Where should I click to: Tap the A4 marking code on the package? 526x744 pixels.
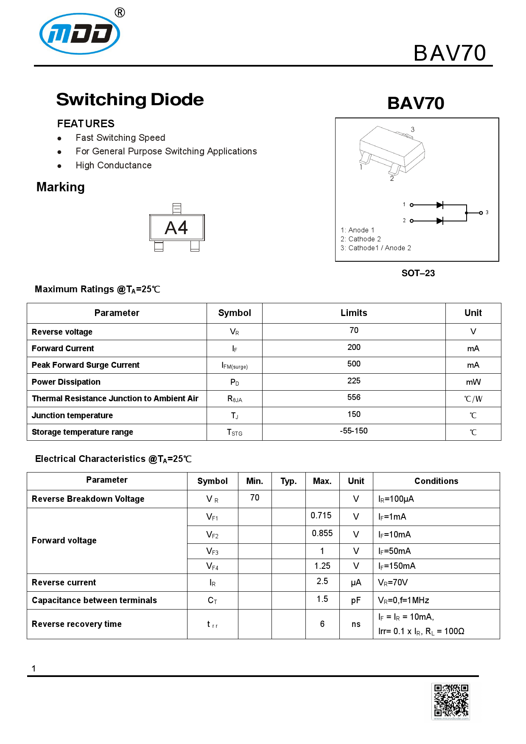pos(176,228)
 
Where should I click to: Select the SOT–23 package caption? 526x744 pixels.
pos(418,273)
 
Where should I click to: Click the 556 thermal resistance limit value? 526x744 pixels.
pos(354,397)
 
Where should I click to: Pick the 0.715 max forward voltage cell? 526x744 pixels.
pos(321,515)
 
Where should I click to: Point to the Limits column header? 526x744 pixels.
pos(354,313)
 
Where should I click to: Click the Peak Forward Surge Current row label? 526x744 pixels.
pos(86,365)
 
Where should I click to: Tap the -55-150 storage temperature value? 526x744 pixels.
pos(354,431)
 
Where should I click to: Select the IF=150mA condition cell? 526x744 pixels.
pos(397,566)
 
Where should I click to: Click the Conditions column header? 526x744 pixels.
pos(436,481)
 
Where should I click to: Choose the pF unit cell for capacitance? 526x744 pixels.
pos(356,600)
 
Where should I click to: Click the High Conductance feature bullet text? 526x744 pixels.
pos(114,165)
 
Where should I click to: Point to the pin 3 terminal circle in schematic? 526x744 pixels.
pos(481,213)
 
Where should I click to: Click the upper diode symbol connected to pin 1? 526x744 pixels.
pos(440,205)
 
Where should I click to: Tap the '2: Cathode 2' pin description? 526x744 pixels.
pos(361,239)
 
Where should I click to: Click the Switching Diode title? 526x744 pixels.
pos(130,100)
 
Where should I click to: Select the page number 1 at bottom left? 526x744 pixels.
pos(34,668)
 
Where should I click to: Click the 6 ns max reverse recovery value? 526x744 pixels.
pos(322,624)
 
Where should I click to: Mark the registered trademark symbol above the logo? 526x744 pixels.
pos(120,13)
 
